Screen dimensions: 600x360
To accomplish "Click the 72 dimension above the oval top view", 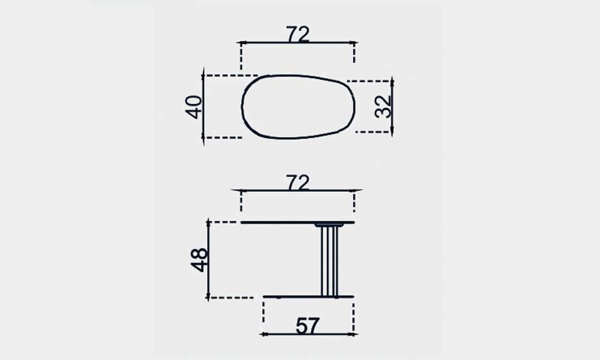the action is tap(298, 34).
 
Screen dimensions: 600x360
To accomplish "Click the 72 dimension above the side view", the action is tap(298, 182).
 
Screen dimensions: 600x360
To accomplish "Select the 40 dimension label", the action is tap(194, 107).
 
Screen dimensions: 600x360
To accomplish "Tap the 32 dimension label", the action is tap(383, 106).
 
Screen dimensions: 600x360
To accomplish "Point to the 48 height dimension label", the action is tap(199, 260).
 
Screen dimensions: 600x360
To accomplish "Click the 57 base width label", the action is tap(307, 326).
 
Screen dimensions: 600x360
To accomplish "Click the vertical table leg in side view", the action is tap(329, 261).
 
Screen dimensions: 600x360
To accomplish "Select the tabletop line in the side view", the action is tap(298, 222).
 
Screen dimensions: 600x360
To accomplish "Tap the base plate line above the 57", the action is tap(308, 296).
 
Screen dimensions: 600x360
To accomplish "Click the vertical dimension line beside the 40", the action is tap(203, 107).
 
